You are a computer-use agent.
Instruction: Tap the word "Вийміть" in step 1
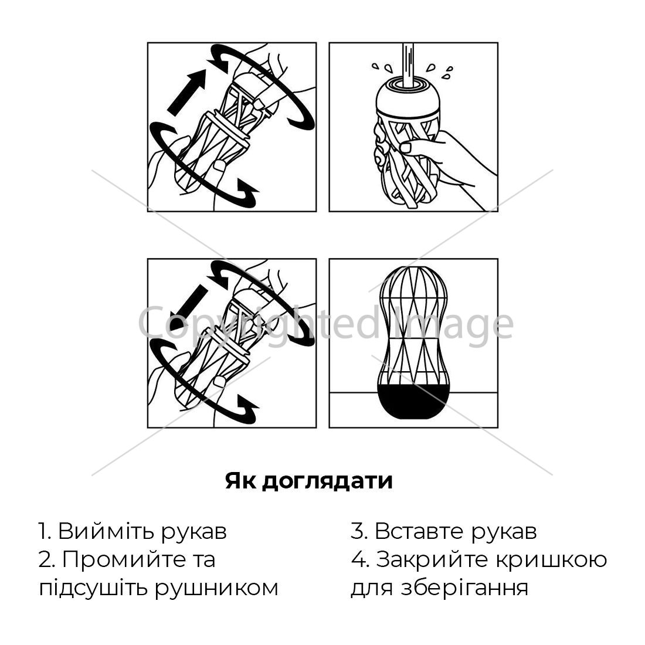click(106, 531)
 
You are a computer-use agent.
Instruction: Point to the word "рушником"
click(217, 589)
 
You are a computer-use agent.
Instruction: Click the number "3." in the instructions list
click(359, 531)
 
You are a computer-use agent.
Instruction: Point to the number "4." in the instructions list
click(361, 560)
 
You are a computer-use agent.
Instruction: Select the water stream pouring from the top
click(408, 64)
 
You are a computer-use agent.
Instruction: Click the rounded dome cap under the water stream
click(408, 96)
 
